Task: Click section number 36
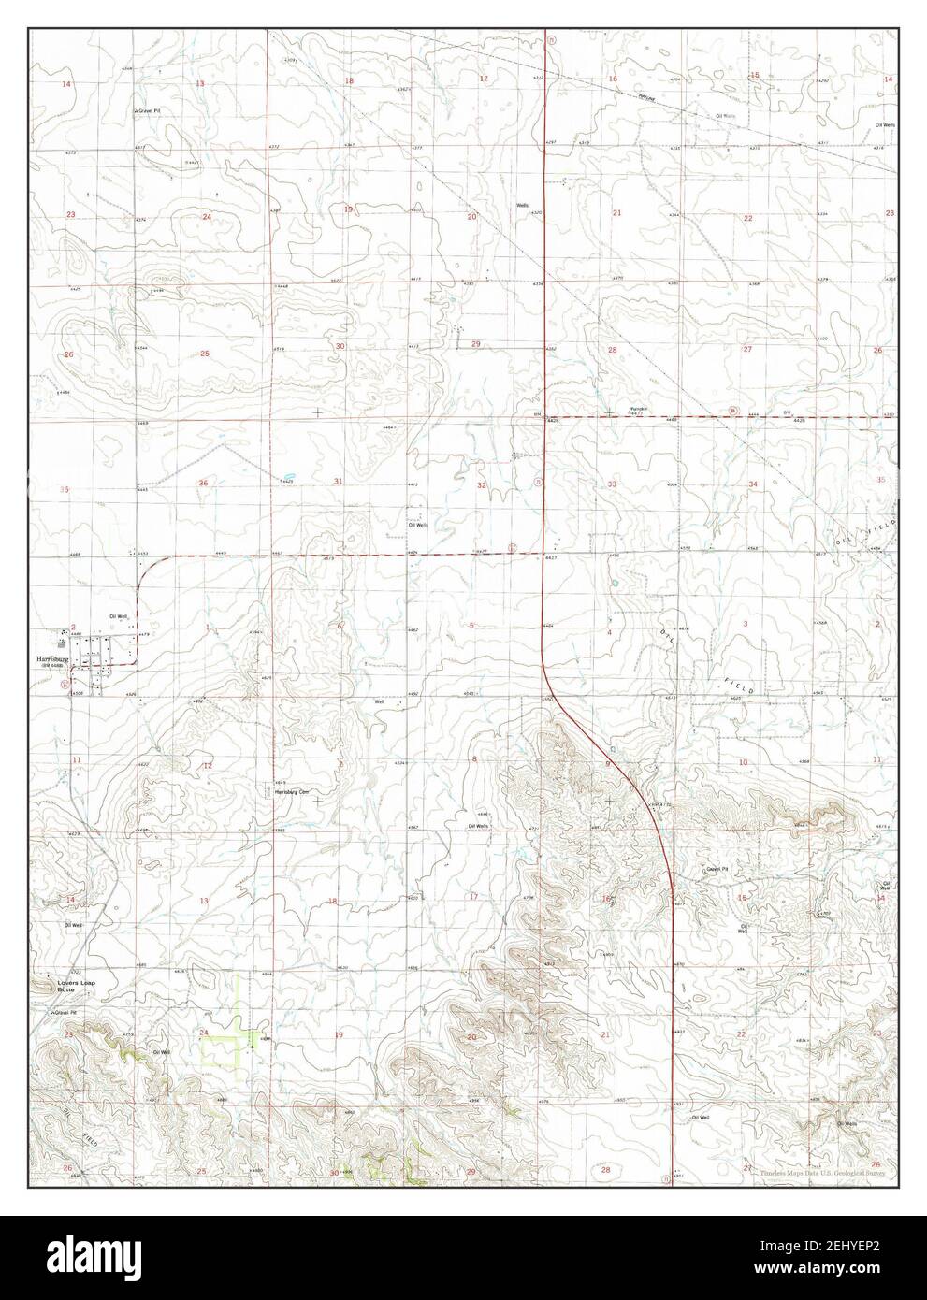pyautogui.click(x=203, y=483)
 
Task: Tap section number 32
pyautogui.click(x=481, y=485)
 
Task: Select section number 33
pyautogui.click(x=612, y=484)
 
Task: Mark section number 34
pyautogui.click(x=752, y=484)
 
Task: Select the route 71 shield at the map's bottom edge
pyautogui.click(x=666, y=1178)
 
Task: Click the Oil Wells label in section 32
pyautogui.click(x=418, y=526)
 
